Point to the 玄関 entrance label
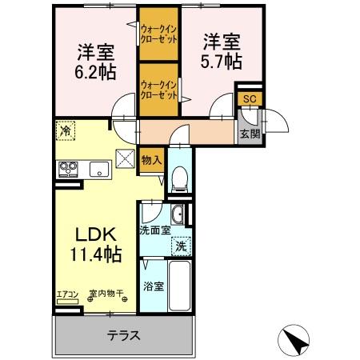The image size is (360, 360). point(249,134)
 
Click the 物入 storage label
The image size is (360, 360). point(151,160)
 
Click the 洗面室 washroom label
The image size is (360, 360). point(154,230)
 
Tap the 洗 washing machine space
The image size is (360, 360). point(182,246)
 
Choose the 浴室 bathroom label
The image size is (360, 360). point(154,286)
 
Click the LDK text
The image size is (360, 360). point(97,234)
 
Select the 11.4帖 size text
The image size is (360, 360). point(95,256)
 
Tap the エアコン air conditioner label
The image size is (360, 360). point(67,294)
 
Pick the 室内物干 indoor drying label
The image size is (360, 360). point(106,294)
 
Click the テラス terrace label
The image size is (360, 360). point(124,335)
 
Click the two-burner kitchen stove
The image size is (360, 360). point(67,168)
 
